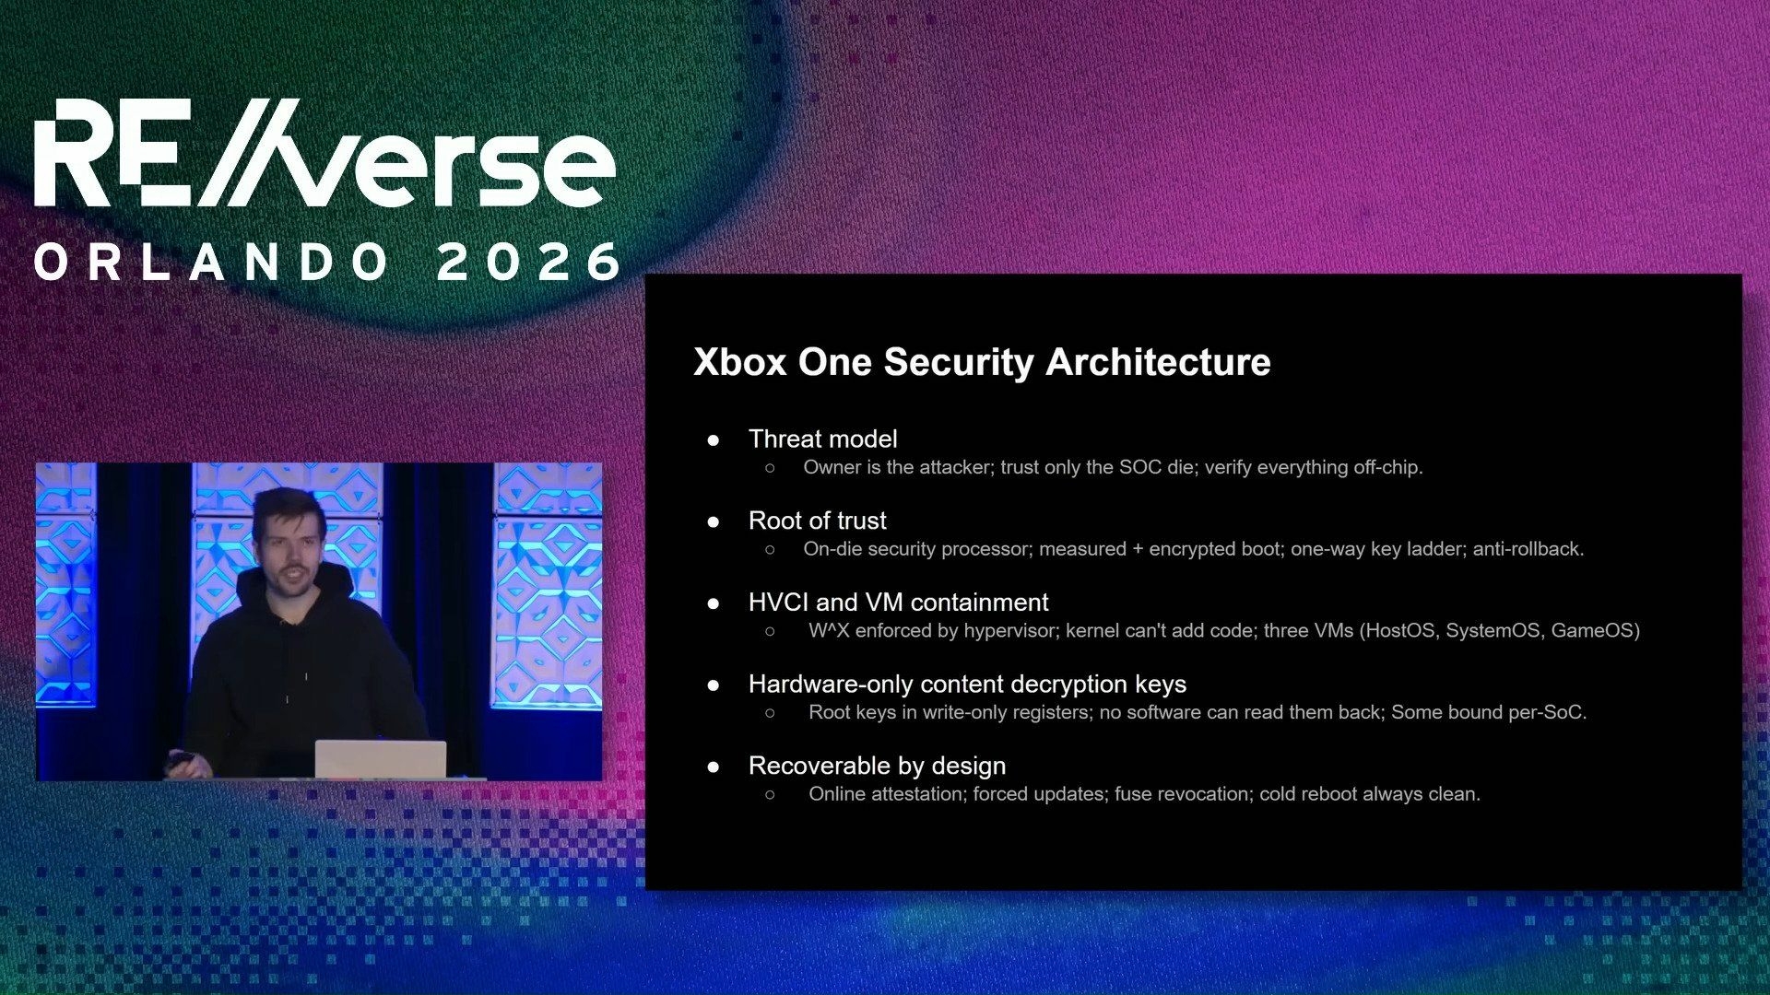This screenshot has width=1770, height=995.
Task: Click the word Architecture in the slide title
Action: (x=1158, y=362)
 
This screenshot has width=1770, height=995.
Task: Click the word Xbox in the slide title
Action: (x=739, y=362)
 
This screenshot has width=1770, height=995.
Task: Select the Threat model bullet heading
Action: (x=822, y=439)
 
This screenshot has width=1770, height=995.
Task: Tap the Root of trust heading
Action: (x=817, y=521)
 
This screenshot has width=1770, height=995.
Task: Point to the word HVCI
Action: (x=778, y=603)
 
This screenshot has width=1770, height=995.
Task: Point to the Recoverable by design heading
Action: (x=877, y=767)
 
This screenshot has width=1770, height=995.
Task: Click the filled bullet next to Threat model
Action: (x=713, y=440)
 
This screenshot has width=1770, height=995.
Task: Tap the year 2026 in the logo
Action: (x=529, y=263)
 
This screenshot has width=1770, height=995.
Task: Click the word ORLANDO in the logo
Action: (x=212, y=263)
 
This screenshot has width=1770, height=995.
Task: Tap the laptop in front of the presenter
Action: (x=381, y=759)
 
